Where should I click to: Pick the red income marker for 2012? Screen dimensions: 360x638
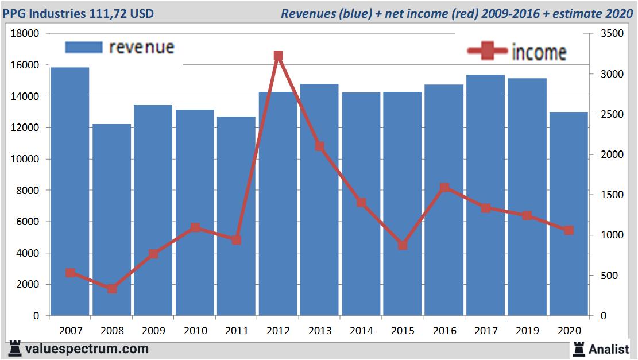click(278, 56)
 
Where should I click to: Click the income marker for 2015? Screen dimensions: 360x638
click(403, 245)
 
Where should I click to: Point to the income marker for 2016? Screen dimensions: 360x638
click(444, 188)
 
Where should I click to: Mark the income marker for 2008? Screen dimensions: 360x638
click(112, 289)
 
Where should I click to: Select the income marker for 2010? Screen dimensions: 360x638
click(195, 227)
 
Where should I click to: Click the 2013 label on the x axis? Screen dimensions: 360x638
click(320, 331)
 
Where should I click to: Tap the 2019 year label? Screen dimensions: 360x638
click(527, 331)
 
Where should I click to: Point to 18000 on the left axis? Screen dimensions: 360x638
click(25, 34)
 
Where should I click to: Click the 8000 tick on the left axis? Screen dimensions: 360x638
click(28, 191)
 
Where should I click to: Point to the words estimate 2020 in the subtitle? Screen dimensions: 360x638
click(593, 13)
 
